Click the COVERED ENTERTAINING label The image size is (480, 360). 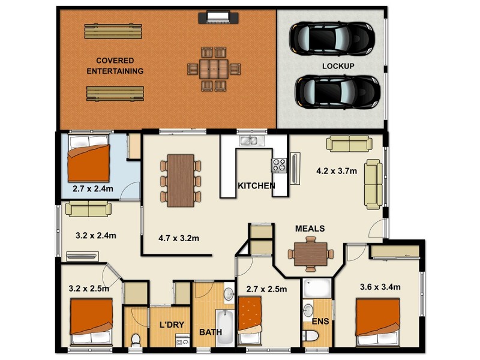[x=115, y=66]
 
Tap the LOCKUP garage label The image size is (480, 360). [x=338, y=65]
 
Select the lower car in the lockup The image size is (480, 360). [x=337, y=91]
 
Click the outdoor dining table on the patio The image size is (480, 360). [x=214, y=68]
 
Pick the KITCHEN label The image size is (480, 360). [x=256, y=186]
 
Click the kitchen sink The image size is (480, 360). [x=248, y=140]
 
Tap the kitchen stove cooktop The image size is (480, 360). [x=280, y=164]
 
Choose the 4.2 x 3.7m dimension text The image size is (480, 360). [x=337, y=171]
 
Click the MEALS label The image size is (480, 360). [x=310, y=229]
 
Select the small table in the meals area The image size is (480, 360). [x=310, y=252]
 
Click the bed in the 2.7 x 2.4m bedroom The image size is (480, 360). [x=88, y=158]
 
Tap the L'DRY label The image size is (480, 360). [x=171, y=325]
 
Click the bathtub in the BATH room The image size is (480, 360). [x=225, y=327]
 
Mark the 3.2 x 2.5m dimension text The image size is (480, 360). [x=89, y=289]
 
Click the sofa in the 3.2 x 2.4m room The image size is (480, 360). [x=88, y=208]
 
